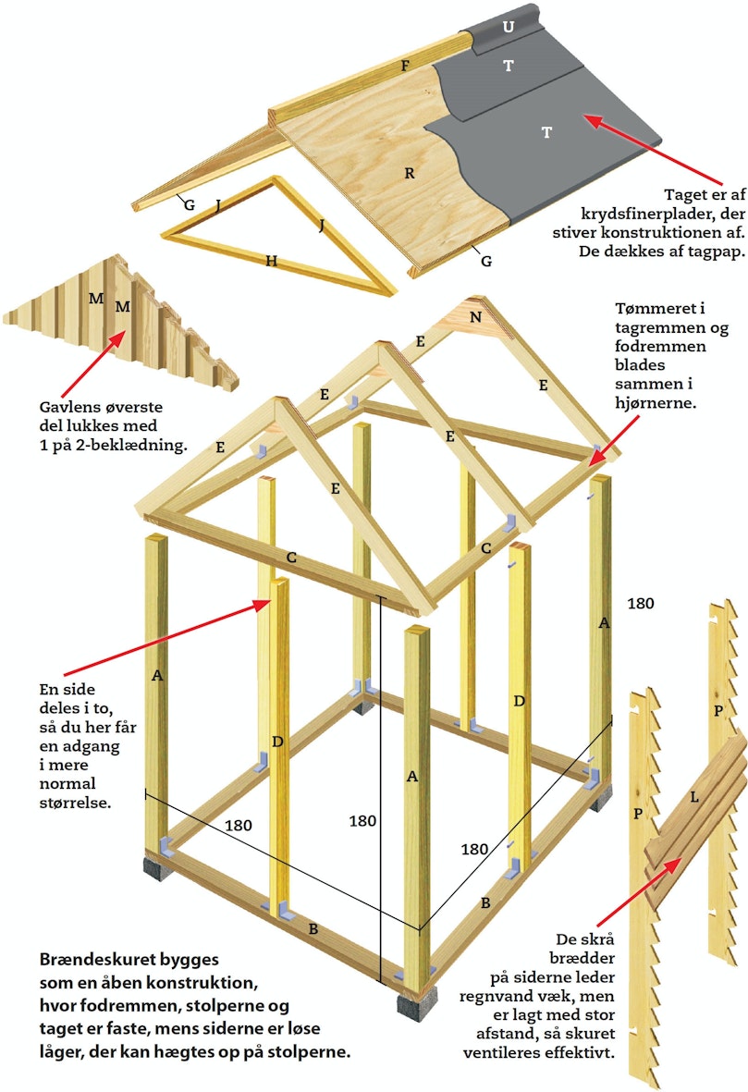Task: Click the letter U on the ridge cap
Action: (509, 27)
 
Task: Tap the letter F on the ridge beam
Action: (405, 67)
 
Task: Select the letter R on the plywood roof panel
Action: (410, 174)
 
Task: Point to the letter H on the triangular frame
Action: (272, 261)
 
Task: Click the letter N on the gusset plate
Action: (475, 317)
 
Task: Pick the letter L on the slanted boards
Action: (693, 797)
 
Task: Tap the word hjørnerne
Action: (655, 402)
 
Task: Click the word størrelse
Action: (75, 803)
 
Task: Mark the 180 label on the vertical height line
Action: (362, 821)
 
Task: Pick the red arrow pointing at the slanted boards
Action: (639, 891)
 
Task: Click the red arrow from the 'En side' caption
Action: (168, 637)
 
